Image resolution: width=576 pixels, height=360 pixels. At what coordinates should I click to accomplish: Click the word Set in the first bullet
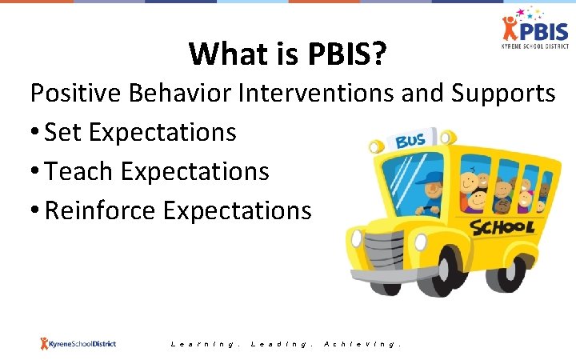click(64, 132)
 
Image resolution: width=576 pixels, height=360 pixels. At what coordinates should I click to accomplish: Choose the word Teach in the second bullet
click(80, 170)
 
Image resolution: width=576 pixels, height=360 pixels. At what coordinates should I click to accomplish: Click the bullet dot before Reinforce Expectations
click(35, 211)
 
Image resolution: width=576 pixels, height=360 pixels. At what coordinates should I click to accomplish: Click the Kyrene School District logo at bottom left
click(78, 343)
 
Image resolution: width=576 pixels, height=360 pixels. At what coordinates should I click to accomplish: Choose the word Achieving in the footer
click(362, 344)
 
